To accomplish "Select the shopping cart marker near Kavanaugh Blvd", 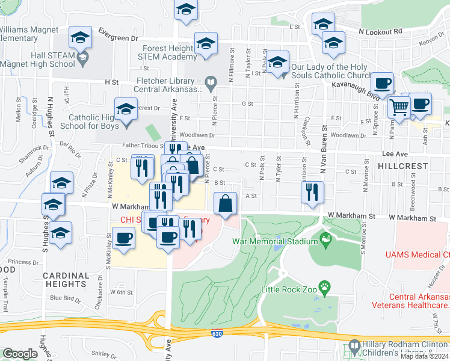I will point(399,108).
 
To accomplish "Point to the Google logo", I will point(20,354).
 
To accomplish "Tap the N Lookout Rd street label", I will point(380,31).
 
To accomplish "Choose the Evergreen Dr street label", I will point(118,38).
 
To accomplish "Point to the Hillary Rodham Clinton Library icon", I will point(354,348).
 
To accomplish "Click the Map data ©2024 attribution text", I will point(424,356).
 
